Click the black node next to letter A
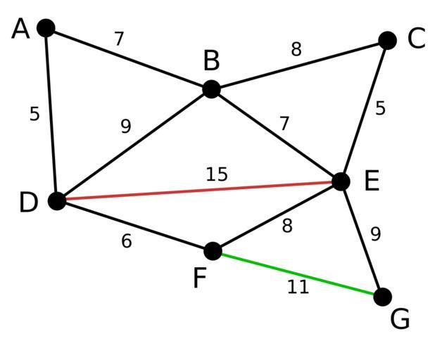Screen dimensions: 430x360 click(x=46, y=28)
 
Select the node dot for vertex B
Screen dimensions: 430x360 click(x=211, y=89)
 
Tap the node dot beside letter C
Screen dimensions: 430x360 click(x=387, y=41)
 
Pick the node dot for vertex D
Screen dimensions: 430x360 click(x=57, y=201)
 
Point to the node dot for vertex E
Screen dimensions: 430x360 click(x=341, y=181)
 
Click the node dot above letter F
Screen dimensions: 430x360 click(x=213, y=251)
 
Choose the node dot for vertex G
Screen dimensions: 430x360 click(x=383, y=297)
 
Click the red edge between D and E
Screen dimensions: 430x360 click(x=199, y=191)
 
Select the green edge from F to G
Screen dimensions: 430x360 click(x=298, y=274)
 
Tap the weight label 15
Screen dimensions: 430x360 click(x=217, y=174)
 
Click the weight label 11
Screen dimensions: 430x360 click(x=298, y=287)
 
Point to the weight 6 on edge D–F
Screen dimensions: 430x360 click(x=127, y=241)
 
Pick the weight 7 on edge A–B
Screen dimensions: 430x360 click(x=119, y=39)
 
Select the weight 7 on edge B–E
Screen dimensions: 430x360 click(x=284, y=123)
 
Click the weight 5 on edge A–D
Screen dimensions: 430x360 click(x=34, y=114)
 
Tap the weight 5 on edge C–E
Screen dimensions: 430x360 click(x=380, y=108)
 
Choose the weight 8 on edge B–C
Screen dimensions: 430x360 click(x=296, y=49)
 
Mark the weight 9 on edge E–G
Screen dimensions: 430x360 click(x=376, y=234)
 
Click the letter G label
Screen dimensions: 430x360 click(x=400, y=319)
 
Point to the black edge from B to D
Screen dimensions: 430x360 click(x=134, y=145)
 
